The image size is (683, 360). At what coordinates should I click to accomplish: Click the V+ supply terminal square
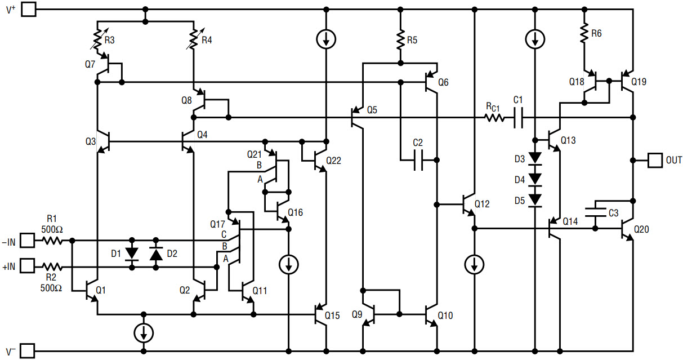click(x=29, y=9)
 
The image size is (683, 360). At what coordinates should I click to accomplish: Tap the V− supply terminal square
click(x=28, y=351)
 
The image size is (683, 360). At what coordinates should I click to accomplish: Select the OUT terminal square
click(x=655, y=160)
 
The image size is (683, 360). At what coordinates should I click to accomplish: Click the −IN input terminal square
click(x=28, y=241)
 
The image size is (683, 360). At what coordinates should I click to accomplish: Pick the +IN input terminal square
click(x=28, y=265)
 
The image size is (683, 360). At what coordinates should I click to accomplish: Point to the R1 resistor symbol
click(x=52, y=241)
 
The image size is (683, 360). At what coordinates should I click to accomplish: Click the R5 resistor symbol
click(x=401, y=39)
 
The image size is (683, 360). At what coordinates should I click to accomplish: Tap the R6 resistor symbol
click(x=584, y=33)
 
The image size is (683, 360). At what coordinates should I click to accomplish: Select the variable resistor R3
click(x=98, y=39)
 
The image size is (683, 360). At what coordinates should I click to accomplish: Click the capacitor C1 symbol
click(x=519, y=117)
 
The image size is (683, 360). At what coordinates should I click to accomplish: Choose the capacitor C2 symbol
click(x=418, y=160)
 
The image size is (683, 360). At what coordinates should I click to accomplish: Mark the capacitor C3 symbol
click(x=596, y=212)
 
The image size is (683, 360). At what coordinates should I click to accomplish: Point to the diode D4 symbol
click(x=535, y=179)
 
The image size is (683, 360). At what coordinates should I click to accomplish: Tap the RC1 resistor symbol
click(x=494, y=118)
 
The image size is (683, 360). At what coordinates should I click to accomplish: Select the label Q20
click(x=641, y=229)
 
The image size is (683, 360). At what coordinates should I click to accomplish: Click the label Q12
click(x=482, y=204)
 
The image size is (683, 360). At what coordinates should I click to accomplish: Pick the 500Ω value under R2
click(x=51, y=288)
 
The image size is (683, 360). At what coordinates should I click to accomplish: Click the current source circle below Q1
click(x=144, y=333)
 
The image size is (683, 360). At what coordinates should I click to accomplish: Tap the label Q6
click(x=443, y=82)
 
